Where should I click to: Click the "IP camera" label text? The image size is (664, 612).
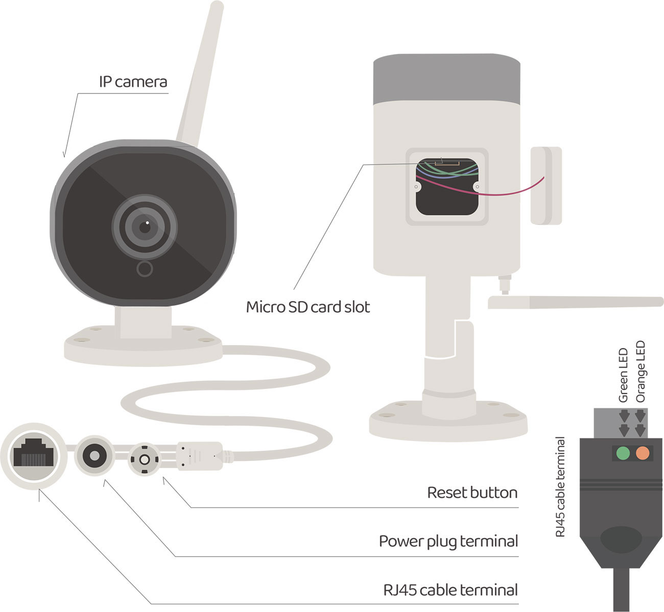tap(133, 82)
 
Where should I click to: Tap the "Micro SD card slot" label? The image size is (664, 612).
tap(307, 307)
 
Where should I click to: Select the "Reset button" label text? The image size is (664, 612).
tap(472, 493)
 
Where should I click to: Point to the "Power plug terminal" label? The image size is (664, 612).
tap(448, 541)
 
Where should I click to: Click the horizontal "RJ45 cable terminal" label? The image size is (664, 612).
tap(450, 590)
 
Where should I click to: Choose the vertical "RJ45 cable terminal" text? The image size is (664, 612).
tap(560, 487)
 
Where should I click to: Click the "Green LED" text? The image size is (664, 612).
tap(623, 375)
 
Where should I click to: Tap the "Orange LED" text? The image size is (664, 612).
tap(641, 372)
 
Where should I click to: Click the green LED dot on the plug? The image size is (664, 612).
tap(623, 453)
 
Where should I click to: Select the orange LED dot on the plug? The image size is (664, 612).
tap(642, 453)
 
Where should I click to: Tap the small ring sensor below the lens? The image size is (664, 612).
tap(145, 268)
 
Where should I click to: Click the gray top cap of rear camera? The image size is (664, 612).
tap(446, 79)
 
